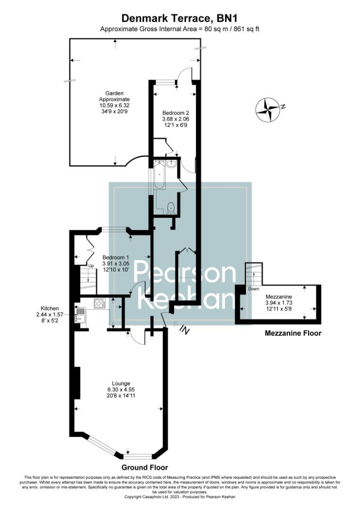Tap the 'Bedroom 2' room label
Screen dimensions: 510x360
(176, 113)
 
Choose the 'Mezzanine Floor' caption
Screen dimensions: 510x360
(293, 333)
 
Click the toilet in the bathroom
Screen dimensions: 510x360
(172, 207)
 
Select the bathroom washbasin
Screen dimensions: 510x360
(171, 164)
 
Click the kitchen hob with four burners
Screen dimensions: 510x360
(100, 304)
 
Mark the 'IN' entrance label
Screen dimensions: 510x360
(184, 331)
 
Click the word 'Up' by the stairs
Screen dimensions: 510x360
(92, 266)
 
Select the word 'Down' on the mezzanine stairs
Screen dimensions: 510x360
(253, 289)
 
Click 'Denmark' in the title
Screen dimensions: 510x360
(146, 18)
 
